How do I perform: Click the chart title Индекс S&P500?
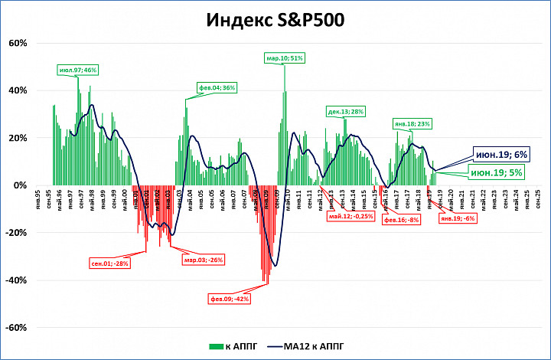click(x=275, y=20)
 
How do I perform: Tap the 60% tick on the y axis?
click(x=17, y=43)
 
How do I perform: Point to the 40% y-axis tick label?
click(x=17, y=90)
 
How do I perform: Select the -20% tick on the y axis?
click(x=16, y=232)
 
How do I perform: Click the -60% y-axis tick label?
click(x=16, y=327)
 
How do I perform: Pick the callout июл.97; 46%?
click(x=79, y=70)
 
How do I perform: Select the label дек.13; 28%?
click(x=345, y=112)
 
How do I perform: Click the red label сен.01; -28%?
click(x=109, y=263)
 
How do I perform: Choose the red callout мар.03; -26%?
click(x=203, y=259)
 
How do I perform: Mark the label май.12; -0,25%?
click(x=350, y=217)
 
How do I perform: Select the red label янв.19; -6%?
click(x=458, y=218)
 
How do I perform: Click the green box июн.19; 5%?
click(x=497, y=173)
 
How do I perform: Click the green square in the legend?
click(x=213, y=347)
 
